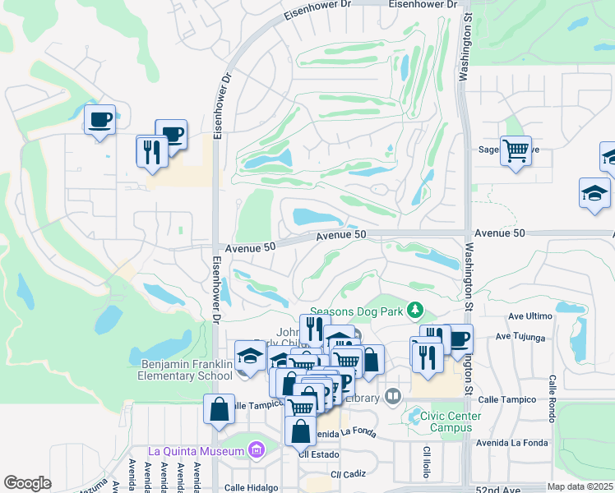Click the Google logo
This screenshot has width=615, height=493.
point(27,483)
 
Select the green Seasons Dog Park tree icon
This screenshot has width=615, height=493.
point(416,309)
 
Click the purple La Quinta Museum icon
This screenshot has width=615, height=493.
point(256,450)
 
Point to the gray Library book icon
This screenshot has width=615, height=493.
point(392,398)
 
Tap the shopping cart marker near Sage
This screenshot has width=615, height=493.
point(516,151)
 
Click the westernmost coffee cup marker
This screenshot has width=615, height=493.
point(100,119)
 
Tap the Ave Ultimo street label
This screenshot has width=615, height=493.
point(529,316)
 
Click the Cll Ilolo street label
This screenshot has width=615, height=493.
point(427,464)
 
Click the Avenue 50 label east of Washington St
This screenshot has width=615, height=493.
point(501,233)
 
